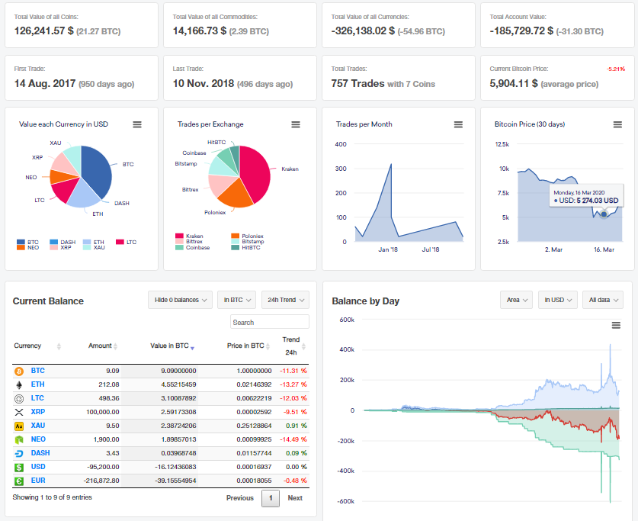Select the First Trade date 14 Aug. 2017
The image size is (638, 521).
45,83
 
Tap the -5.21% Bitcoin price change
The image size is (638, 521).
615,69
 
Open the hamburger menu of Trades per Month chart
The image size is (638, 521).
458,124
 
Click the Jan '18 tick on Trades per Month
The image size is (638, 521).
388,249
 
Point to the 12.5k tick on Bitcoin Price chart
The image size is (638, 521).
502,144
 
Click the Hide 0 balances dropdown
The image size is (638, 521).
180,300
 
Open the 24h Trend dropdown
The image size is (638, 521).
285,300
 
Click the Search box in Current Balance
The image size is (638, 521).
270,322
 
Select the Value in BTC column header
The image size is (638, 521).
168,346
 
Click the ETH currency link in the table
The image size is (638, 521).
37,384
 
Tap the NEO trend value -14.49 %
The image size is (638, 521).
294,439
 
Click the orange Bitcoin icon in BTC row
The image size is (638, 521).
19,371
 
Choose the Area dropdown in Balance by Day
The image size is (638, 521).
516,300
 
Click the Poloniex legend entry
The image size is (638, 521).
252,236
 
